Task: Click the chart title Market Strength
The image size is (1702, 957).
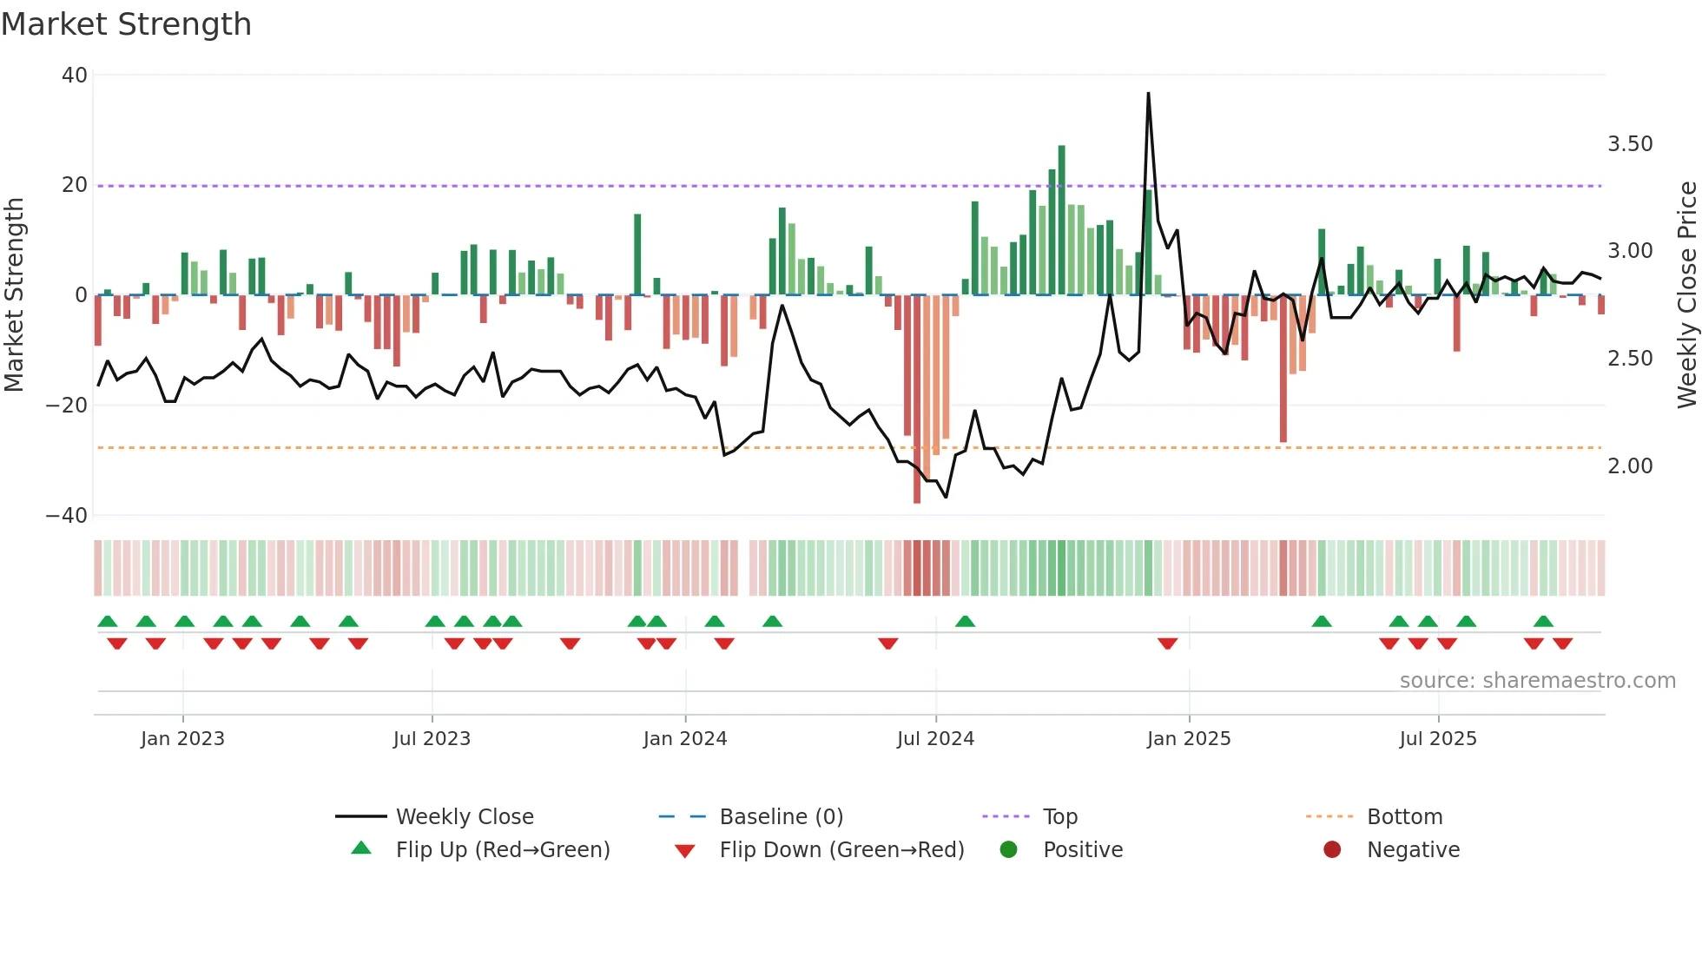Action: coord(126,24)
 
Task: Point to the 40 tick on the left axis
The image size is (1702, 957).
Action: coord(75,76)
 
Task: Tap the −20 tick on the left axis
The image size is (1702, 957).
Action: coord(67,406)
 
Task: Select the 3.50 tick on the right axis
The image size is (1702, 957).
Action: coord(1630,144)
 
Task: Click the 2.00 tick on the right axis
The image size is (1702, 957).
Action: coord(1630,466)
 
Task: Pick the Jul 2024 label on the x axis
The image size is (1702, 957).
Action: coord(935,739)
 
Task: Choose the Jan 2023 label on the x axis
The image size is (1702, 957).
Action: coord(182,739)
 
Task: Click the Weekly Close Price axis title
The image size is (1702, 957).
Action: coord(1686,295)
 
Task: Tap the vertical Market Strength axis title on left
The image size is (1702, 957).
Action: coord(15,295)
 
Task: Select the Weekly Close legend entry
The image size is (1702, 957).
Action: coord(465,817)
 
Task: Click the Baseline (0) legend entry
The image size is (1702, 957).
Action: coord(781,817)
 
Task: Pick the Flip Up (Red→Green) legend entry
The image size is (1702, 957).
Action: coord(503,850)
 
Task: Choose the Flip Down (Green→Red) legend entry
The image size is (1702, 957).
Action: coord(841,850)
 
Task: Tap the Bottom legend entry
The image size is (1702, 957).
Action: coord(1404,817)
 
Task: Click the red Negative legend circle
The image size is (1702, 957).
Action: coord(1332,850)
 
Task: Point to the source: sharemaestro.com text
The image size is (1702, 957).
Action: coord(1537,681)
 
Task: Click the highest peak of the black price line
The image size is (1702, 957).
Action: coord(1148,94)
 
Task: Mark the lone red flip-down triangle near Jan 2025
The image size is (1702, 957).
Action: coord(1167,643)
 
